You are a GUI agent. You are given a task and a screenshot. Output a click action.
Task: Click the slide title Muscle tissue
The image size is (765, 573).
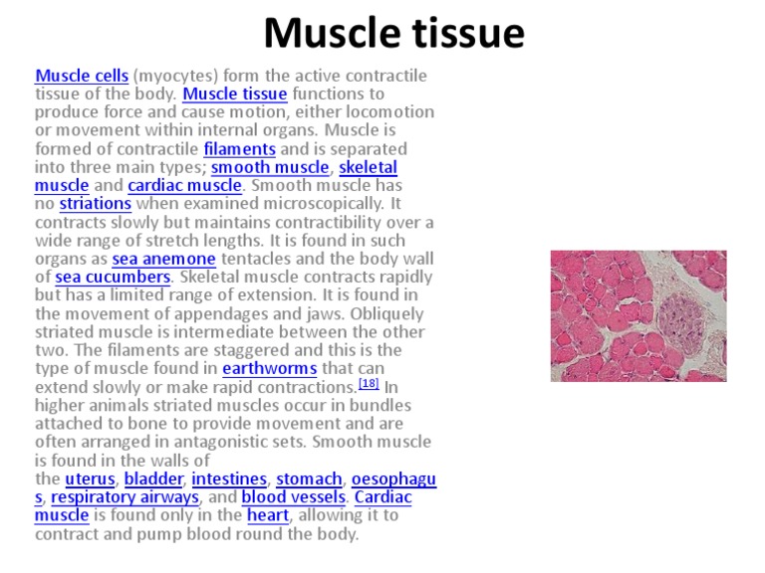[x=393, y=33]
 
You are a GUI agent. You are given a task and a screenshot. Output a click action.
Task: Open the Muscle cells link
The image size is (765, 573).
[x=82, y=76]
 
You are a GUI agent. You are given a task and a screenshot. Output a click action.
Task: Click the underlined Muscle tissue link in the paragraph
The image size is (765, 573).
[x=235, y=95]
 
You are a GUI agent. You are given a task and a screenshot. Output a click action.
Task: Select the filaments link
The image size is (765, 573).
[x=239, y=149]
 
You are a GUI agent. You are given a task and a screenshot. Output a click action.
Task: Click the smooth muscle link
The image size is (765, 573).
[x=268, y=167]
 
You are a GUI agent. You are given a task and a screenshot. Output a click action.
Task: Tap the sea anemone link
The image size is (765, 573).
[x=163, y=259]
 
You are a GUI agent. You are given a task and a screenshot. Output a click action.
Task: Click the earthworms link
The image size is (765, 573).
[x=269, y=368]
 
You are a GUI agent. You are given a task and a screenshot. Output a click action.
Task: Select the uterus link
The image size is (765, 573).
[x=90, y=478]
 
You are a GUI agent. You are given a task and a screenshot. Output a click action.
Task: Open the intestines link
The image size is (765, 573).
[x=229, y=478]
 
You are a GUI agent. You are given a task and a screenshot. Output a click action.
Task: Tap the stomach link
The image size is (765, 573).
[x=309, y=478]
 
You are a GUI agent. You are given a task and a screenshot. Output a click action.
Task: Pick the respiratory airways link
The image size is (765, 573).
[x=126, y=496]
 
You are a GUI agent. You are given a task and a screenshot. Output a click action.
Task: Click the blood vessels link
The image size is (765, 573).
[x=293, y=496]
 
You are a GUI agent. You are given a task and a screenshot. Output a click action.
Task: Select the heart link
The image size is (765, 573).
[x=267, y=515]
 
